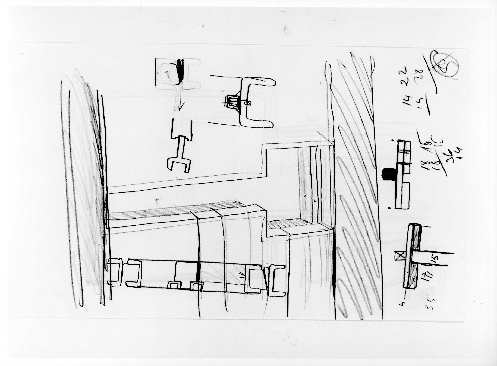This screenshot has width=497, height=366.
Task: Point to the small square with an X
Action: pyautogui.click(x=399, y=256)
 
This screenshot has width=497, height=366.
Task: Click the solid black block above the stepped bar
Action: pyautogui.click(x=389, y=174)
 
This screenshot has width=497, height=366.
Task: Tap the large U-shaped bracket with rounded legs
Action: pyautogui.click(x=256, y=102)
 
